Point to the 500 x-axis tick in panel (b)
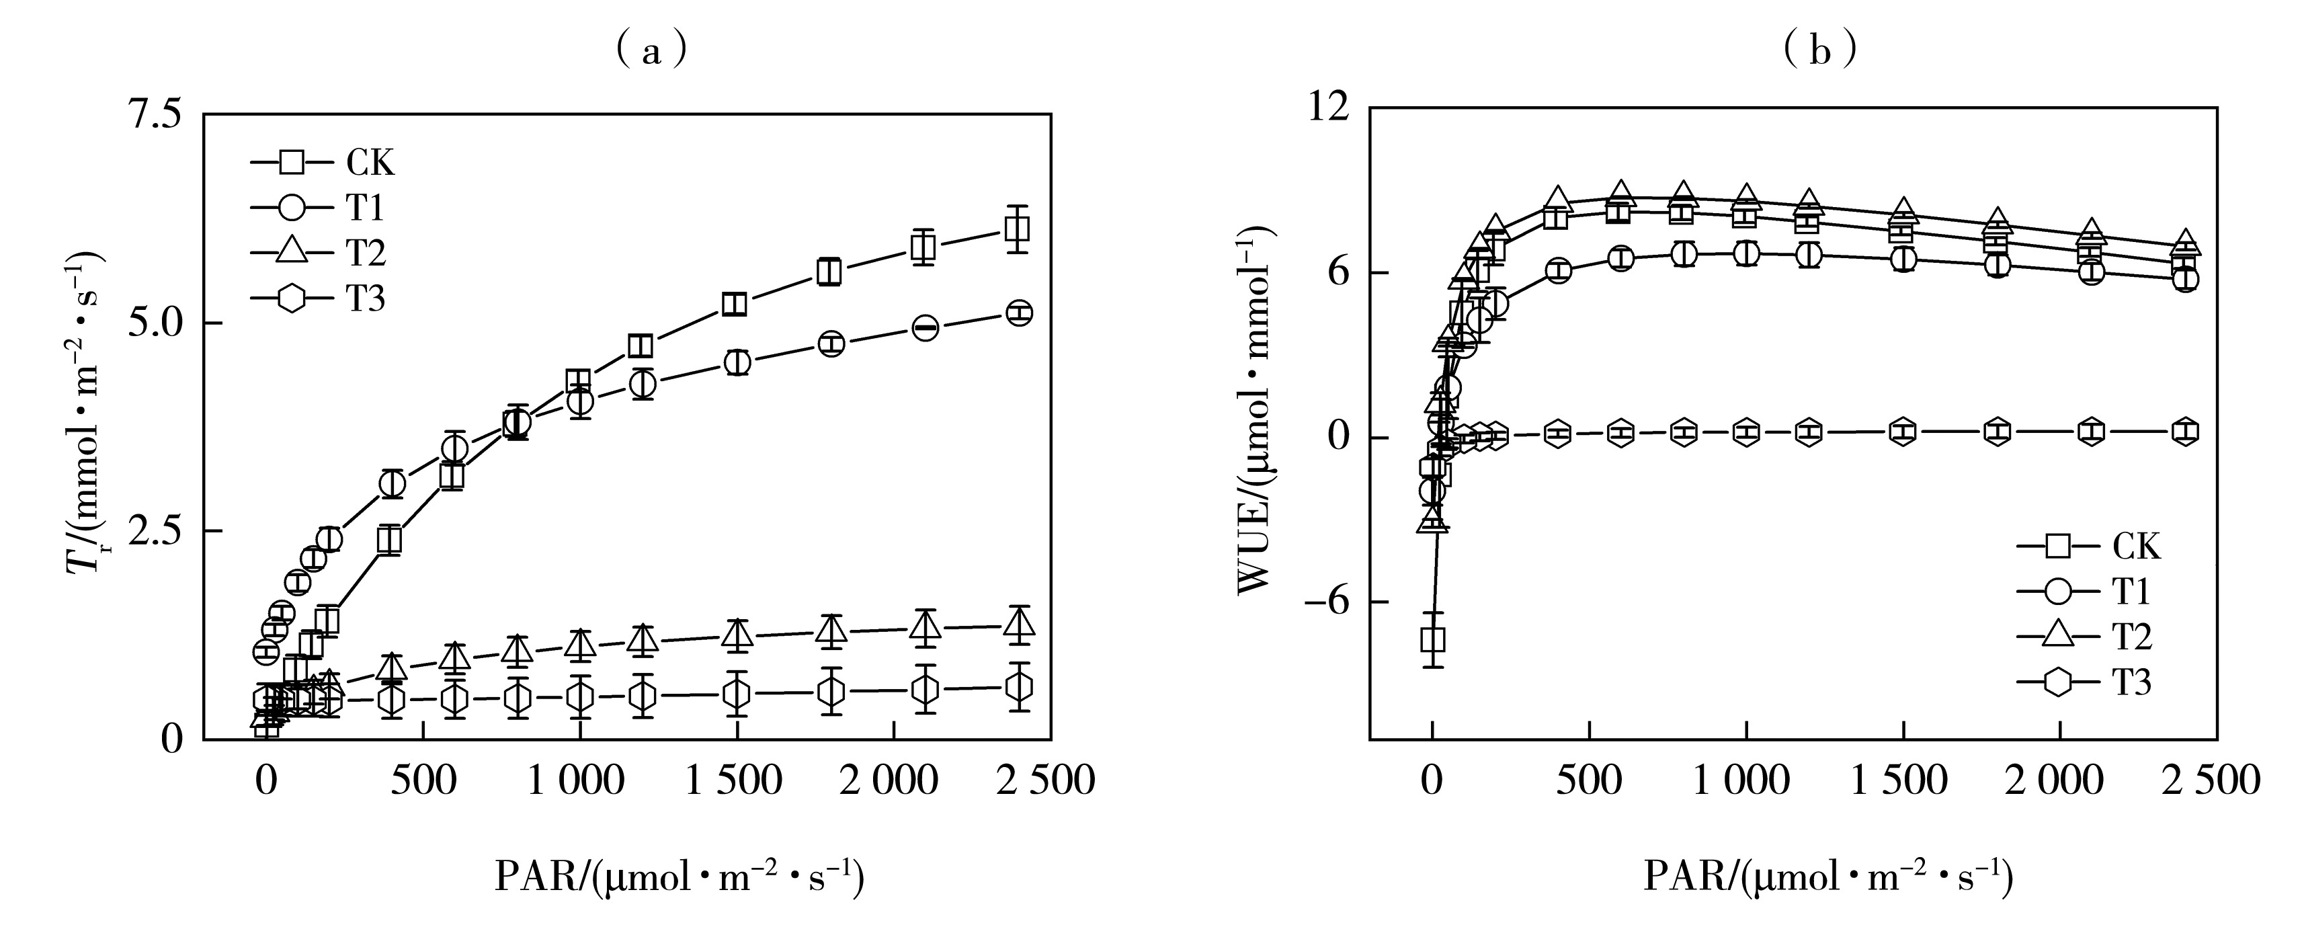coord(1589,781)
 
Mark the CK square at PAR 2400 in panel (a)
coord(1017,229)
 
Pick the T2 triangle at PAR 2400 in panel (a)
coord(1018,623)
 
